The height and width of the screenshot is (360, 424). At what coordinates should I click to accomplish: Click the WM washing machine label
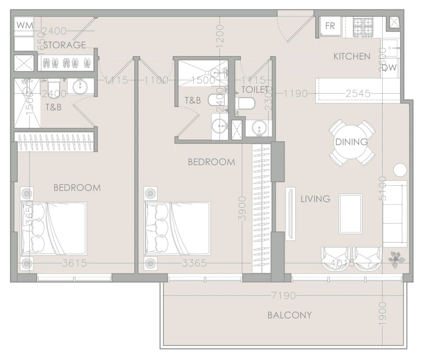click(x=24, y=26)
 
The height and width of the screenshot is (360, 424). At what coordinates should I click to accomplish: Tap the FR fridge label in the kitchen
click(x=330, y=26)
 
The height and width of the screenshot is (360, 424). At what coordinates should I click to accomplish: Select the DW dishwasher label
click(x=389, y=67)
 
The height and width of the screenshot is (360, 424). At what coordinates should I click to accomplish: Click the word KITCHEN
click(x=352, y=57)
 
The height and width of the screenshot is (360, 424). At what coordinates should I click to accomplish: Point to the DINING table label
click(x=351, y=142)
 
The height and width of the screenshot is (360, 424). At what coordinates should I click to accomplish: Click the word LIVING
click(x=316, y=199)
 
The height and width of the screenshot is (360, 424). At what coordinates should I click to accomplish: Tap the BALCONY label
click(x=290, y=315)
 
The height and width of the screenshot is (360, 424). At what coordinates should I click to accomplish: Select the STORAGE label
click(x=65, y=45)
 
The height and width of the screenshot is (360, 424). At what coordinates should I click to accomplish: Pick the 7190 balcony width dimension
click(x=284, y=296)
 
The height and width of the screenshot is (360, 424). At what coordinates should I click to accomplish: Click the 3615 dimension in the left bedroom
click(x=74, y=263)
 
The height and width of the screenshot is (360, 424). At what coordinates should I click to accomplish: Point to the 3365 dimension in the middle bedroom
click(x=194, y=263)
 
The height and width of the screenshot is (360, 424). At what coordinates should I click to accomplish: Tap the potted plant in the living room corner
click(x=396, y=258)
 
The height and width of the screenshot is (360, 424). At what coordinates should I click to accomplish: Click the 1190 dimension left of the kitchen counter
click(x=295, y=94)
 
